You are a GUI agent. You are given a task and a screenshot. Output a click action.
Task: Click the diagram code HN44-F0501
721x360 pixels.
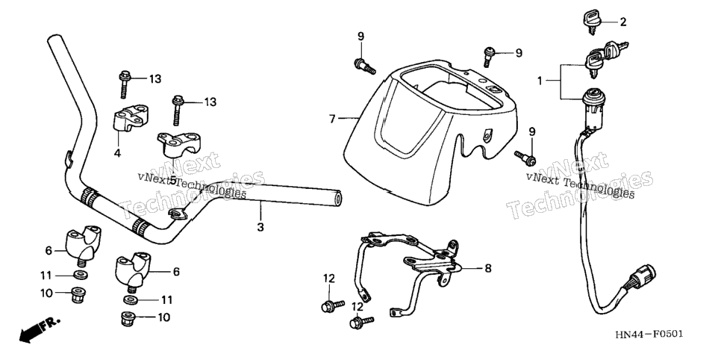tap(649, 334)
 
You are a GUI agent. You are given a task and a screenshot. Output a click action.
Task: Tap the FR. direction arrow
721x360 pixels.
tap(39, 329)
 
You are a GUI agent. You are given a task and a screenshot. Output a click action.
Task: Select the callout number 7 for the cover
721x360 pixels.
tap(332, 119)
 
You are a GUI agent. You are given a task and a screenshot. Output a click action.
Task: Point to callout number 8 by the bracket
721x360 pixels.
tap(488, 268)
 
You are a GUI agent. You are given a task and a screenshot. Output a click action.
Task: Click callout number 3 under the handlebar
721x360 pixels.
tap(260, 227)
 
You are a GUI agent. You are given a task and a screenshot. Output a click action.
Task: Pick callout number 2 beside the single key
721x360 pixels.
tap(622, 22)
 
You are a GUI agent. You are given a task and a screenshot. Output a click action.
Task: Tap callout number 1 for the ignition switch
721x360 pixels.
tap(540, 81)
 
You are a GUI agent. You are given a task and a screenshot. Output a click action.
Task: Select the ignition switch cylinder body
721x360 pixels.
tap(593, 109)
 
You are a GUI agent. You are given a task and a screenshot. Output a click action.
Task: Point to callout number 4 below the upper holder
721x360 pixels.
tap(117, 153)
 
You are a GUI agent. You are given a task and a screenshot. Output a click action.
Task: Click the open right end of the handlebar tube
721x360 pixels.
tap(337, 199)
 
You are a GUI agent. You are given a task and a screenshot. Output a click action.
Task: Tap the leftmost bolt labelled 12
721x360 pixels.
tap(333, 305)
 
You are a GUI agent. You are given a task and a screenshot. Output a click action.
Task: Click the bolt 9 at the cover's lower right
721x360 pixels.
tap(525, 158)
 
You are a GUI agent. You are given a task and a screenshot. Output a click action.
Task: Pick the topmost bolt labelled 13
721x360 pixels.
tap(124, 84)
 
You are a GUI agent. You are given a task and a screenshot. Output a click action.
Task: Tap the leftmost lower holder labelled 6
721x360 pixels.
tap(83, 243)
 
